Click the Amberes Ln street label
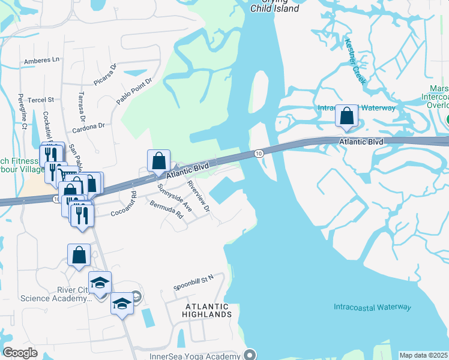tap(42, 61)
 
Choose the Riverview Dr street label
tap(198, 196)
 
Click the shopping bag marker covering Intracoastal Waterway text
tap(347, 116)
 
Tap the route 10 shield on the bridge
tap(257, 154)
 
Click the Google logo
tap(20, 352)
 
